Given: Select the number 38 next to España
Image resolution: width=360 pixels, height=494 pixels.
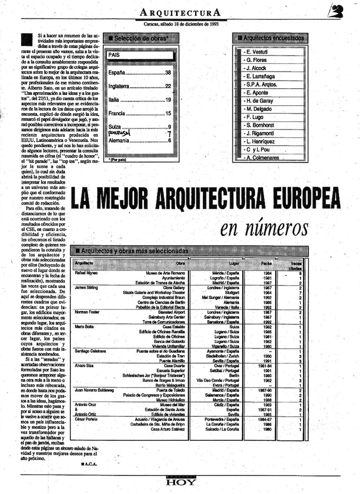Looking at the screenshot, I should pyautogui.click(x=168, y=72).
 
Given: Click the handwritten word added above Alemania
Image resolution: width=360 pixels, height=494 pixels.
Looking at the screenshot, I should pyautogui.click(x=119, y=133).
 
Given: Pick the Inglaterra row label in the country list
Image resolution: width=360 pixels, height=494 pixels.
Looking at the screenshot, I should pyautogui.click(x=118, y=86).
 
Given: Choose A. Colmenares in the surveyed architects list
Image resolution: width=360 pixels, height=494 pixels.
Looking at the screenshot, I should pyautogui.click(x=263, y=158).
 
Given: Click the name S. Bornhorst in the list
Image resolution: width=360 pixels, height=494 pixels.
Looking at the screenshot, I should pyautogui.click(x=261, y=125).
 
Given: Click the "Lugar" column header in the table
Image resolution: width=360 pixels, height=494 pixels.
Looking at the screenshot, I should pyautogui.click(x=234, y=263).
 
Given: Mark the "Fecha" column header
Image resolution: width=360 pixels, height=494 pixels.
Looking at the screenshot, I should pyautogui.click(x=266, y=263).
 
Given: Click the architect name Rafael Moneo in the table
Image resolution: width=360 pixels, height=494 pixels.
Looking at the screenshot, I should pyautogui.click(x=86, y=273).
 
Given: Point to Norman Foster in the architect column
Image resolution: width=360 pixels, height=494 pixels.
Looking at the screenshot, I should pyautogui.click(x=88, y=312).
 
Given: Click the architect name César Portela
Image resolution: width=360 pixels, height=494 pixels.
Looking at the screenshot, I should pyautogui.click(x=86, y=419).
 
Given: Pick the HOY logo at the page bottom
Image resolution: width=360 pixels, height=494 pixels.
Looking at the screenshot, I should pyautogui.click(x=181, y=482).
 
